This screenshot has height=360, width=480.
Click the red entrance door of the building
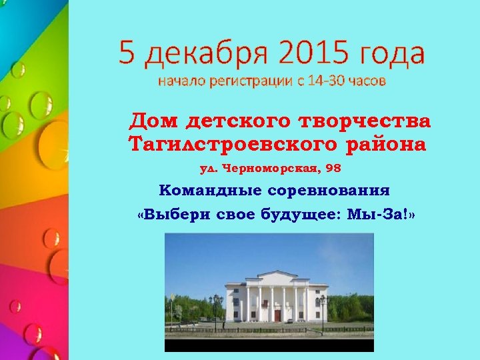point(277,315)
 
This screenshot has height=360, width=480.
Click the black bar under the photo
point(269,345)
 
